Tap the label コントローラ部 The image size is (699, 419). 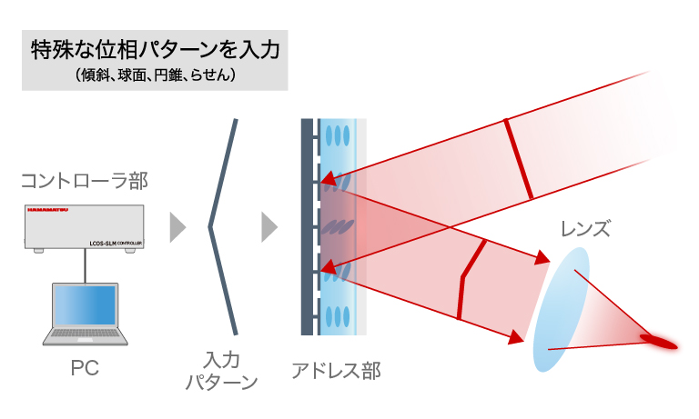tap(85, 182)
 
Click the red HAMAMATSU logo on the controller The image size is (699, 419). tap(46, 212)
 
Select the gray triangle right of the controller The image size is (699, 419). tap(177, 227)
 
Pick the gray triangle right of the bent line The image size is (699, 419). tap(268, 227)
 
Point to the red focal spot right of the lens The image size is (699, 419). tap(662, 341)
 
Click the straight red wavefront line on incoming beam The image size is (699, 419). tap(519, 157)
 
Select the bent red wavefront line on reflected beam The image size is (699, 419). tap(470, 278)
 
